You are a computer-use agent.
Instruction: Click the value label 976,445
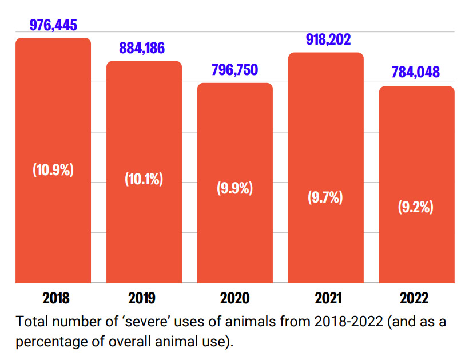pos(53,25)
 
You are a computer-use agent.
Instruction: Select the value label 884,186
pos(142,48)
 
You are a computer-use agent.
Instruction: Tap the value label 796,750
pos(235,70)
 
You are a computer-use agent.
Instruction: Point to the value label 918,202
pos(325,39)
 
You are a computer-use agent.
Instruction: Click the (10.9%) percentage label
pos(53,170)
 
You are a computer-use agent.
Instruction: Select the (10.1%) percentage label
pos(144,179)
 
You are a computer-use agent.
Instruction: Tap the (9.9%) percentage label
pos(234,188)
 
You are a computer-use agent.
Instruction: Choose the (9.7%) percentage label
pos(325,197)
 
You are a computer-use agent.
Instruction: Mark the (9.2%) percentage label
pos(416,207)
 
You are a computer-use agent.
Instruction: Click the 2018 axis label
pos(55,298)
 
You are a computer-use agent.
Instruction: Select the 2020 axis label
pos(234,298)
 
